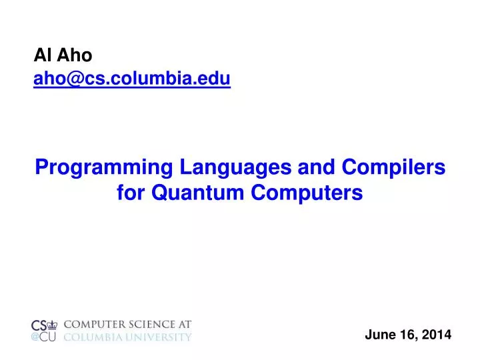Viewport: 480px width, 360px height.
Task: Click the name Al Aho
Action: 63,57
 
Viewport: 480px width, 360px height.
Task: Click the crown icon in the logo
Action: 53,325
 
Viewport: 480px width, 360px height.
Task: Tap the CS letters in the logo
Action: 39,325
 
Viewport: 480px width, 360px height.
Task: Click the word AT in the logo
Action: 184,325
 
